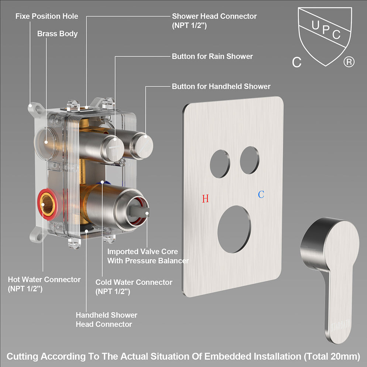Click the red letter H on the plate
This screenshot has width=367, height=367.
[206, 198]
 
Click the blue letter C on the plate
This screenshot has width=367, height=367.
[261, 194]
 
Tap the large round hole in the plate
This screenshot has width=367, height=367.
[234, 229]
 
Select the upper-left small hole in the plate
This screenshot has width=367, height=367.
[220, 164]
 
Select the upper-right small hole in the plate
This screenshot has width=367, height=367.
[250, 160]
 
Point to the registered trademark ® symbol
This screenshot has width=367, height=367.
[349, 62]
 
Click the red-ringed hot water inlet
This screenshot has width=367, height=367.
[48, 204]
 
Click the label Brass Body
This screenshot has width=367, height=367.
[57, 34]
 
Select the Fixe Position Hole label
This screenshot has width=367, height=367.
[47, 16]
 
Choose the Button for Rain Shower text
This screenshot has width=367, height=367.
[212, 56]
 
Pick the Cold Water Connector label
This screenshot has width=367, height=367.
[134, 282]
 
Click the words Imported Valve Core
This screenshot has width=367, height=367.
[143, 251]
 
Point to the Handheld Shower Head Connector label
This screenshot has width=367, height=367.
[106, 319]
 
